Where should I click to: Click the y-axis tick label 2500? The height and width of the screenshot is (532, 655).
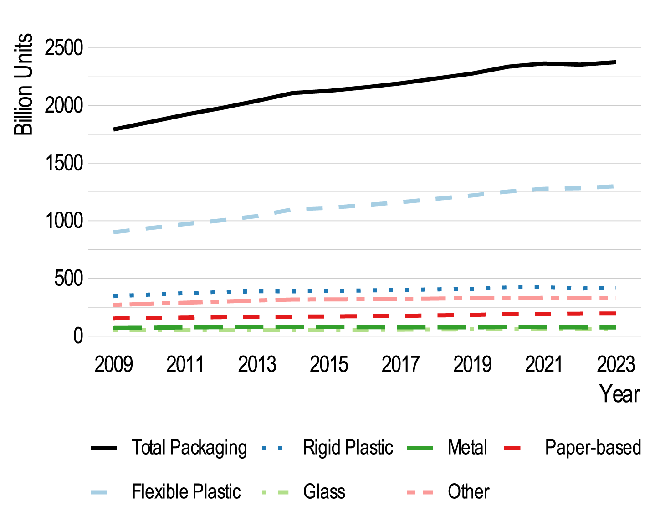pyautogui.click(x=64, y=48)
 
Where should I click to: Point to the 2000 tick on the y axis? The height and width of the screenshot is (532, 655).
pyautogui.click(x=64, y=106)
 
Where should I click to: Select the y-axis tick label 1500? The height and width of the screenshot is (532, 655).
pyautogui.click(x=64, y=163)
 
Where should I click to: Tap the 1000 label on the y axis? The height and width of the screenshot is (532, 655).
pyautogui.click(x=64, y=221)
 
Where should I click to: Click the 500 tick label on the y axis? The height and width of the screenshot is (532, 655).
pyautogui.click(x=68, y=279)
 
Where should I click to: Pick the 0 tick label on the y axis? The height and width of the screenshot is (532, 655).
pyautogui.click(x=78, y=336)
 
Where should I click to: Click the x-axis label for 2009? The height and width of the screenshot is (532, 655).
pyautogui.click(x=113, y=365)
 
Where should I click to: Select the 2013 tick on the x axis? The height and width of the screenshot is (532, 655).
pyautogui.click(x=257, y=365)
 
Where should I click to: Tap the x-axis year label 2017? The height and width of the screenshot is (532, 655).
pyautogui.click(x=400, y=365)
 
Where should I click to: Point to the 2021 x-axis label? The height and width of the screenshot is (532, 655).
pyautogui.click(x=544, y=365)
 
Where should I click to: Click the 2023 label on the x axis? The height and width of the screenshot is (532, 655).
pyautogui.click(x=616, y=365)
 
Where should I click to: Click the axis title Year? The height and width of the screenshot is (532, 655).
pyautogui.click(x=619, y=394)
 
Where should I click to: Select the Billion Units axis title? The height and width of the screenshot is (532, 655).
pyautogui.click(x=24, y=84)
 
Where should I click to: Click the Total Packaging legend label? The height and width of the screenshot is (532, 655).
pyautogui.click(x=189, y=448)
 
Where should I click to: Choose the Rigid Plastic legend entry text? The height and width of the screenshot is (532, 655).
pyautogui.click(x=348, y=448)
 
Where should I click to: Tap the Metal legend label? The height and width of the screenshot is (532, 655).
pyautogui.click(x=467, y=448)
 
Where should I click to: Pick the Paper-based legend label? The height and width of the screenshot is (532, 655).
pyautogui.click(x=593, y=448)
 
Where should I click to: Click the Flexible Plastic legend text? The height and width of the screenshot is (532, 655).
pyautogui.click(x=186, y=492)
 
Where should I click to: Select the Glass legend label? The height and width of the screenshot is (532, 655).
pyautogui.click(x=324, y=492)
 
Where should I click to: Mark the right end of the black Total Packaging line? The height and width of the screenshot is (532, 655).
pyautogui.click(x=615, y=62)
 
